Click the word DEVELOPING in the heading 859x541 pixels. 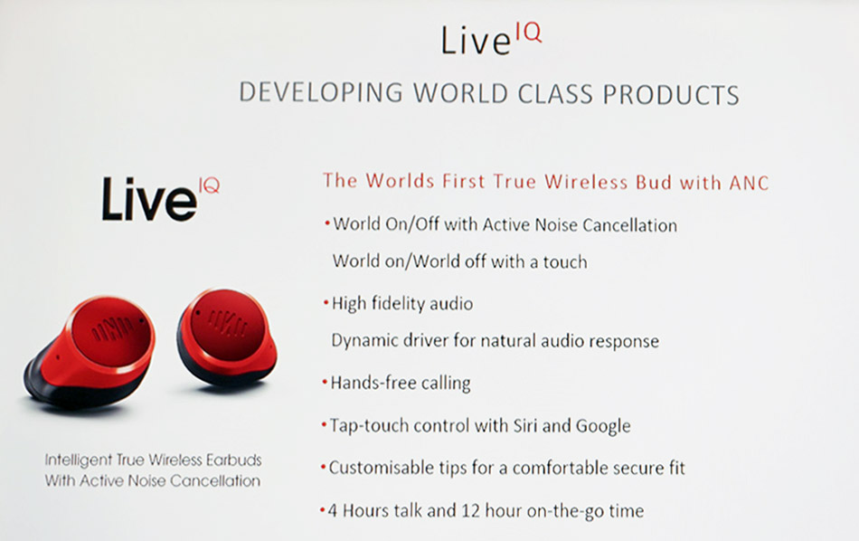[321, 92]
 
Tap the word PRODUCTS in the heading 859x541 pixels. [671, 94]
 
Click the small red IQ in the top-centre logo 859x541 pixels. [529, 33]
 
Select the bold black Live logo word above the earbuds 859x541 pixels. [149, 200]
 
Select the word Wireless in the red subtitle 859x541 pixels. [586, 182]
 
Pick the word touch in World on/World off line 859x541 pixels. [565, 262]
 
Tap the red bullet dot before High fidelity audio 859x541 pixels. [326, 302]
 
